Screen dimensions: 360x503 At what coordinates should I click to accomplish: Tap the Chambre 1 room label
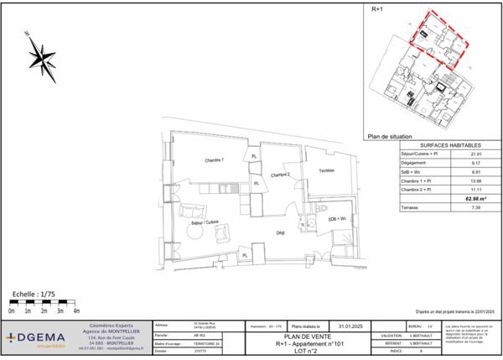[216, 160]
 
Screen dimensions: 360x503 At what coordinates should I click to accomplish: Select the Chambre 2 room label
[279, 175]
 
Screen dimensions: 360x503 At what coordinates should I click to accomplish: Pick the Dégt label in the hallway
[282, 234]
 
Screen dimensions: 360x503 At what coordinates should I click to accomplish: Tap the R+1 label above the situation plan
[377, 8]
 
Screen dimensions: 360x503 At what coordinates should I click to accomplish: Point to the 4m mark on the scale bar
[76, 311]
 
